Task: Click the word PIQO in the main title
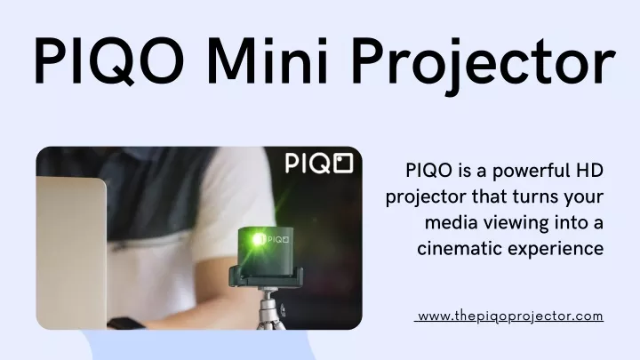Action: click(109, 61)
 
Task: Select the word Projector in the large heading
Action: click(484, 65)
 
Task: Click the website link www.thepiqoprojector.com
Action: click(510, 316)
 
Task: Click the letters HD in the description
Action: click(591, 170)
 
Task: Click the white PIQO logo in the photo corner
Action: click(319, 164)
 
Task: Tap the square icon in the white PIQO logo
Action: click(343, 163)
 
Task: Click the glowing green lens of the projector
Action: click(257, 239)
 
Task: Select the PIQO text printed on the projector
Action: click(277, 240)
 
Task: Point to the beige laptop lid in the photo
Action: click(71, 253)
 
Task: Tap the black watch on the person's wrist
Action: click(125, 324)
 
